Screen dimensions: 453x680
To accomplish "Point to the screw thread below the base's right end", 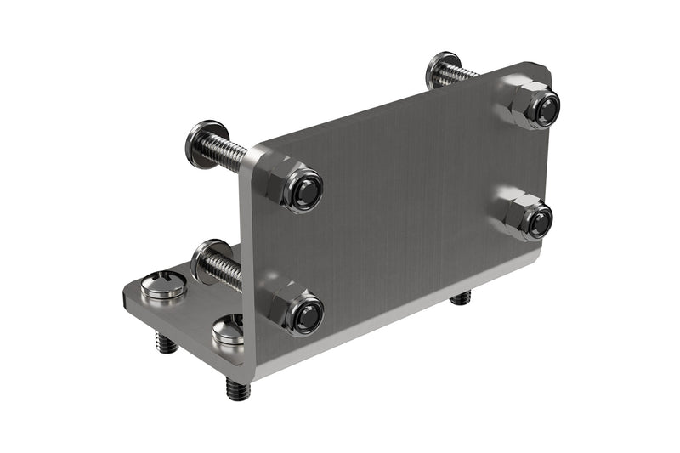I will [x=461, y=297].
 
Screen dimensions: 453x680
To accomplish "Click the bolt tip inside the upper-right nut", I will [x=547, y=108].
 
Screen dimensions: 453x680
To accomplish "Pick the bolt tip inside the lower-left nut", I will [x=307, y=316].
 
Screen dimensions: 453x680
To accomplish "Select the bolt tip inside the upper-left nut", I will [x=307, y=190].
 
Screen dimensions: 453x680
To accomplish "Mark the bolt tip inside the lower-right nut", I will [x=538, y=223].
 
